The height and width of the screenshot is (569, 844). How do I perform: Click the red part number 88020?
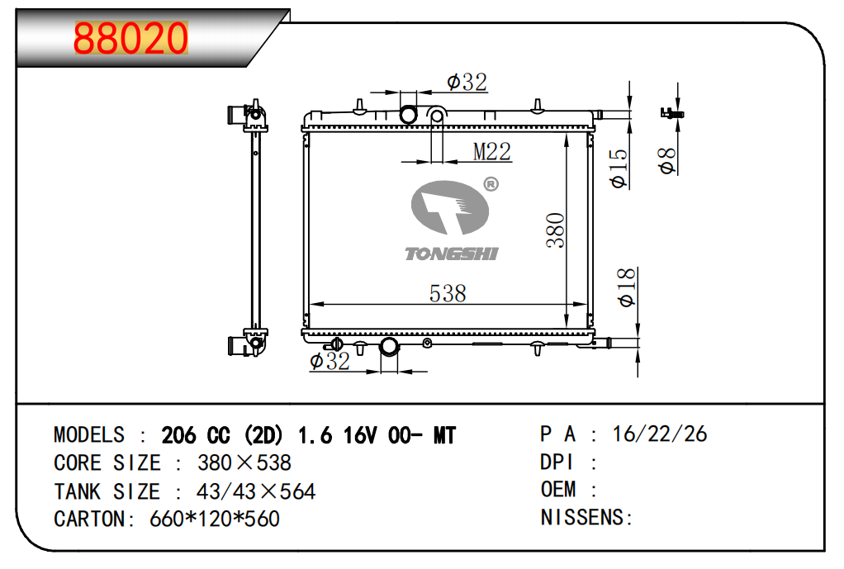(130, 38)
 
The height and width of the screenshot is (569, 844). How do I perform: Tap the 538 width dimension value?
(448, 293)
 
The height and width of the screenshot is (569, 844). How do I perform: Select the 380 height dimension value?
(556, 230)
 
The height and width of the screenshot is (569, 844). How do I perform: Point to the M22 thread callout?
(492, 151)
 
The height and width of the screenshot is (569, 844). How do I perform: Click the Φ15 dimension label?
(619, 168)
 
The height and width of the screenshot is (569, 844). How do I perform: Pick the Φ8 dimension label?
(667, 161)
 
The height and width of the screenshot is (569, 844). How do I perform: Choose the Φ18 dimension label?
(627, 288)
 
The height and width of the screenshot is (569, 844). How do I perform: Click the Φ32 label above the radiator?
(467, 83)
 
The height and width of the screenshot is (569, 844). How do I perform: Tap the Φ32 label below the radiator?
(330, 361)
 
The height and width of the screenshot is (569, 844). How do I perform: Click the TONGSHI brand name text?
(452, 254)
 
